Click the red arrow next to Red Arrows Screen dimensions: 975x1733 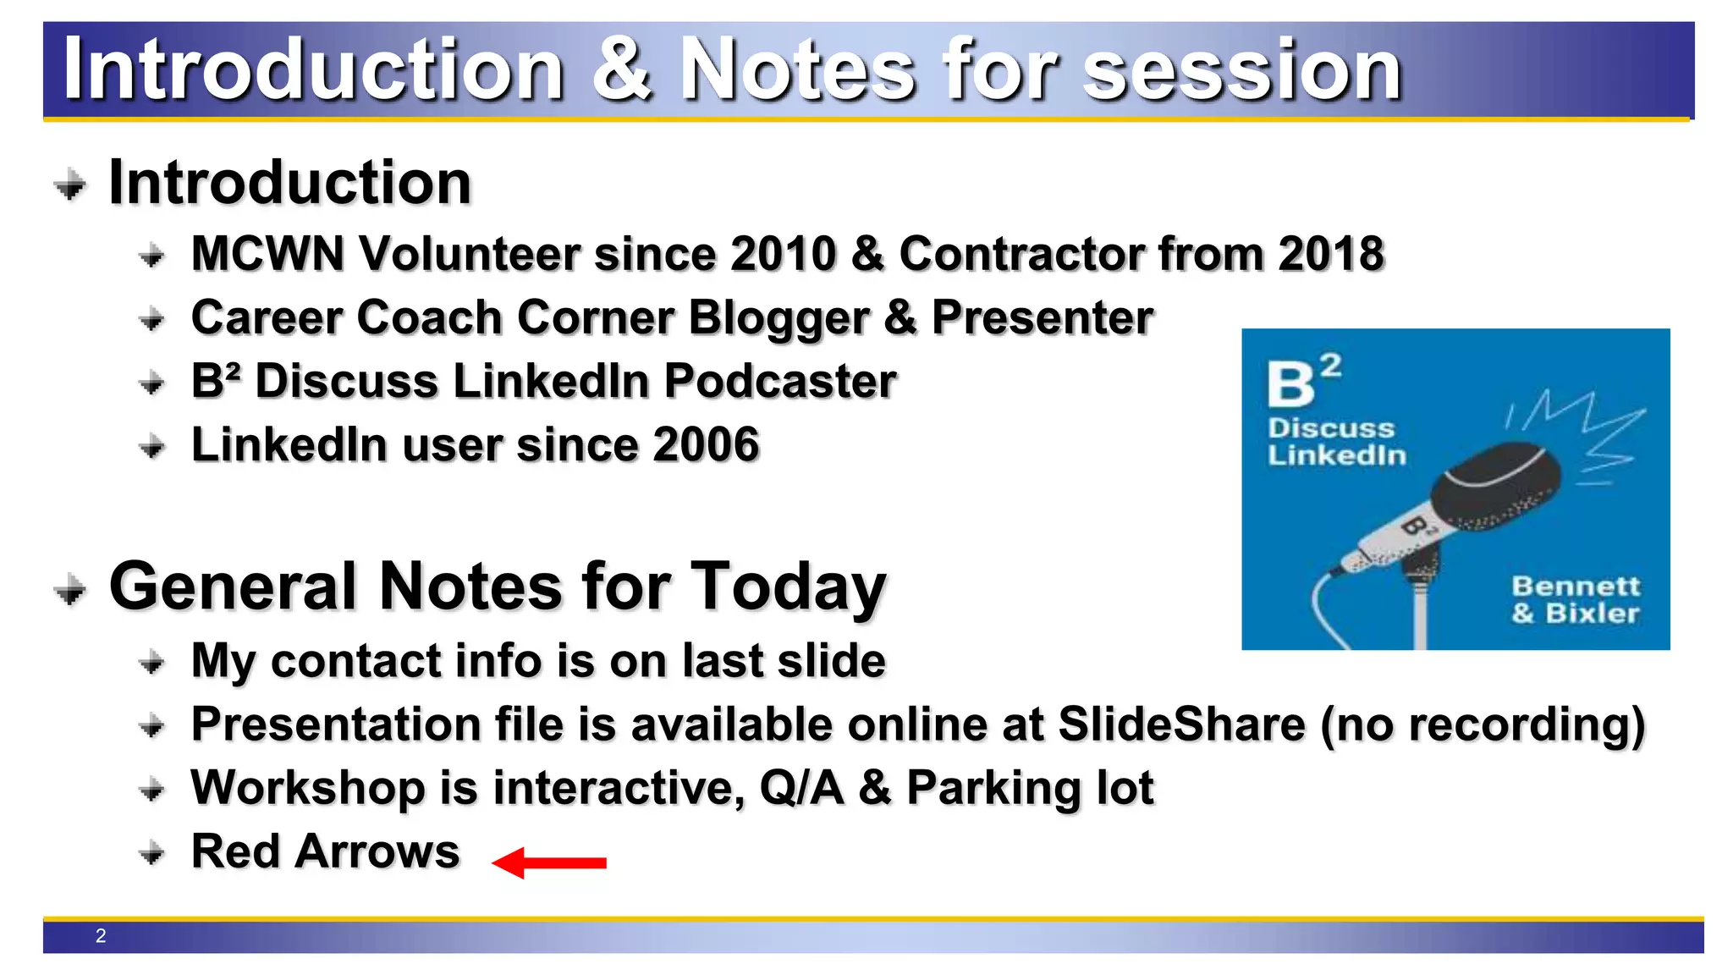click(549, 862)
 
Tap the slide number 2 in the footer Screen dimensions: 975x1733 click(101, 936)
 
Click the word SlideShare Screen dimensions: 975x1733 click(1181, 724)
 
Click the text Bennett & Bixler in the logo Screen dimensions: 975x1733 click(1575, 599)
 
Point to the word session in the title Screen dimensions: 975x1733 click(1242, 70)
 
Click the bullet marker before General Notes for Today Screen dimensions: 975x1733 click(70, 589)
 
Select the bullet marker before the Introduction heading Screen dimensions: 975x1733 click(70, 184)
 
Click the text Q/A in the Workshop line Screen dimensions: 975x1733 click(801, 788)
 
